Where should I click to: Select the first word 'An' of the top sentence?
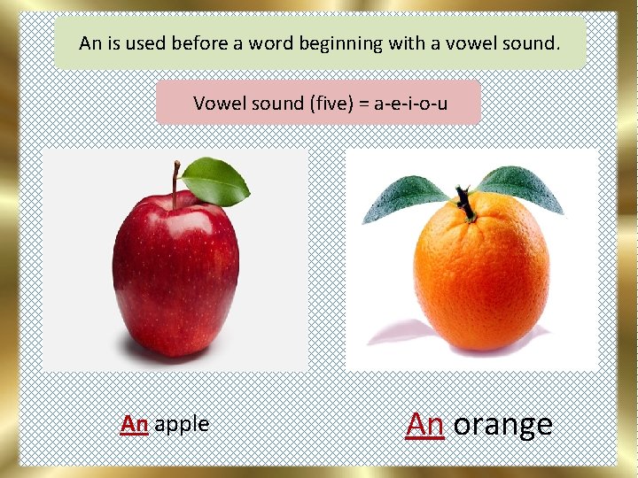point(89,42)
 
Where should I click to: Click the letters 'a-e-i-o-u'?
point(410,104)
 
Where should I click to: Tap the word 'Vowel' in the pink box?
point(217,104)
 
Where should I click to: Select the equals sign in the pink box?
point(365,104)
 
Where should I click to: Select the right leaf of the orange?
point(522,188)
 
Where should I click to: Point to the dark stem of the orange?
point(464,203)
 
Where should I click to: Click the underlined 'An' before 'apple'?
point(134,424)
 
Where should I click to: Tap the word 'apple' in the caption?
point(182,425)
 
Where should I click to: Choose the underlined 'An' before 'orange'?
point(424,425)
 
